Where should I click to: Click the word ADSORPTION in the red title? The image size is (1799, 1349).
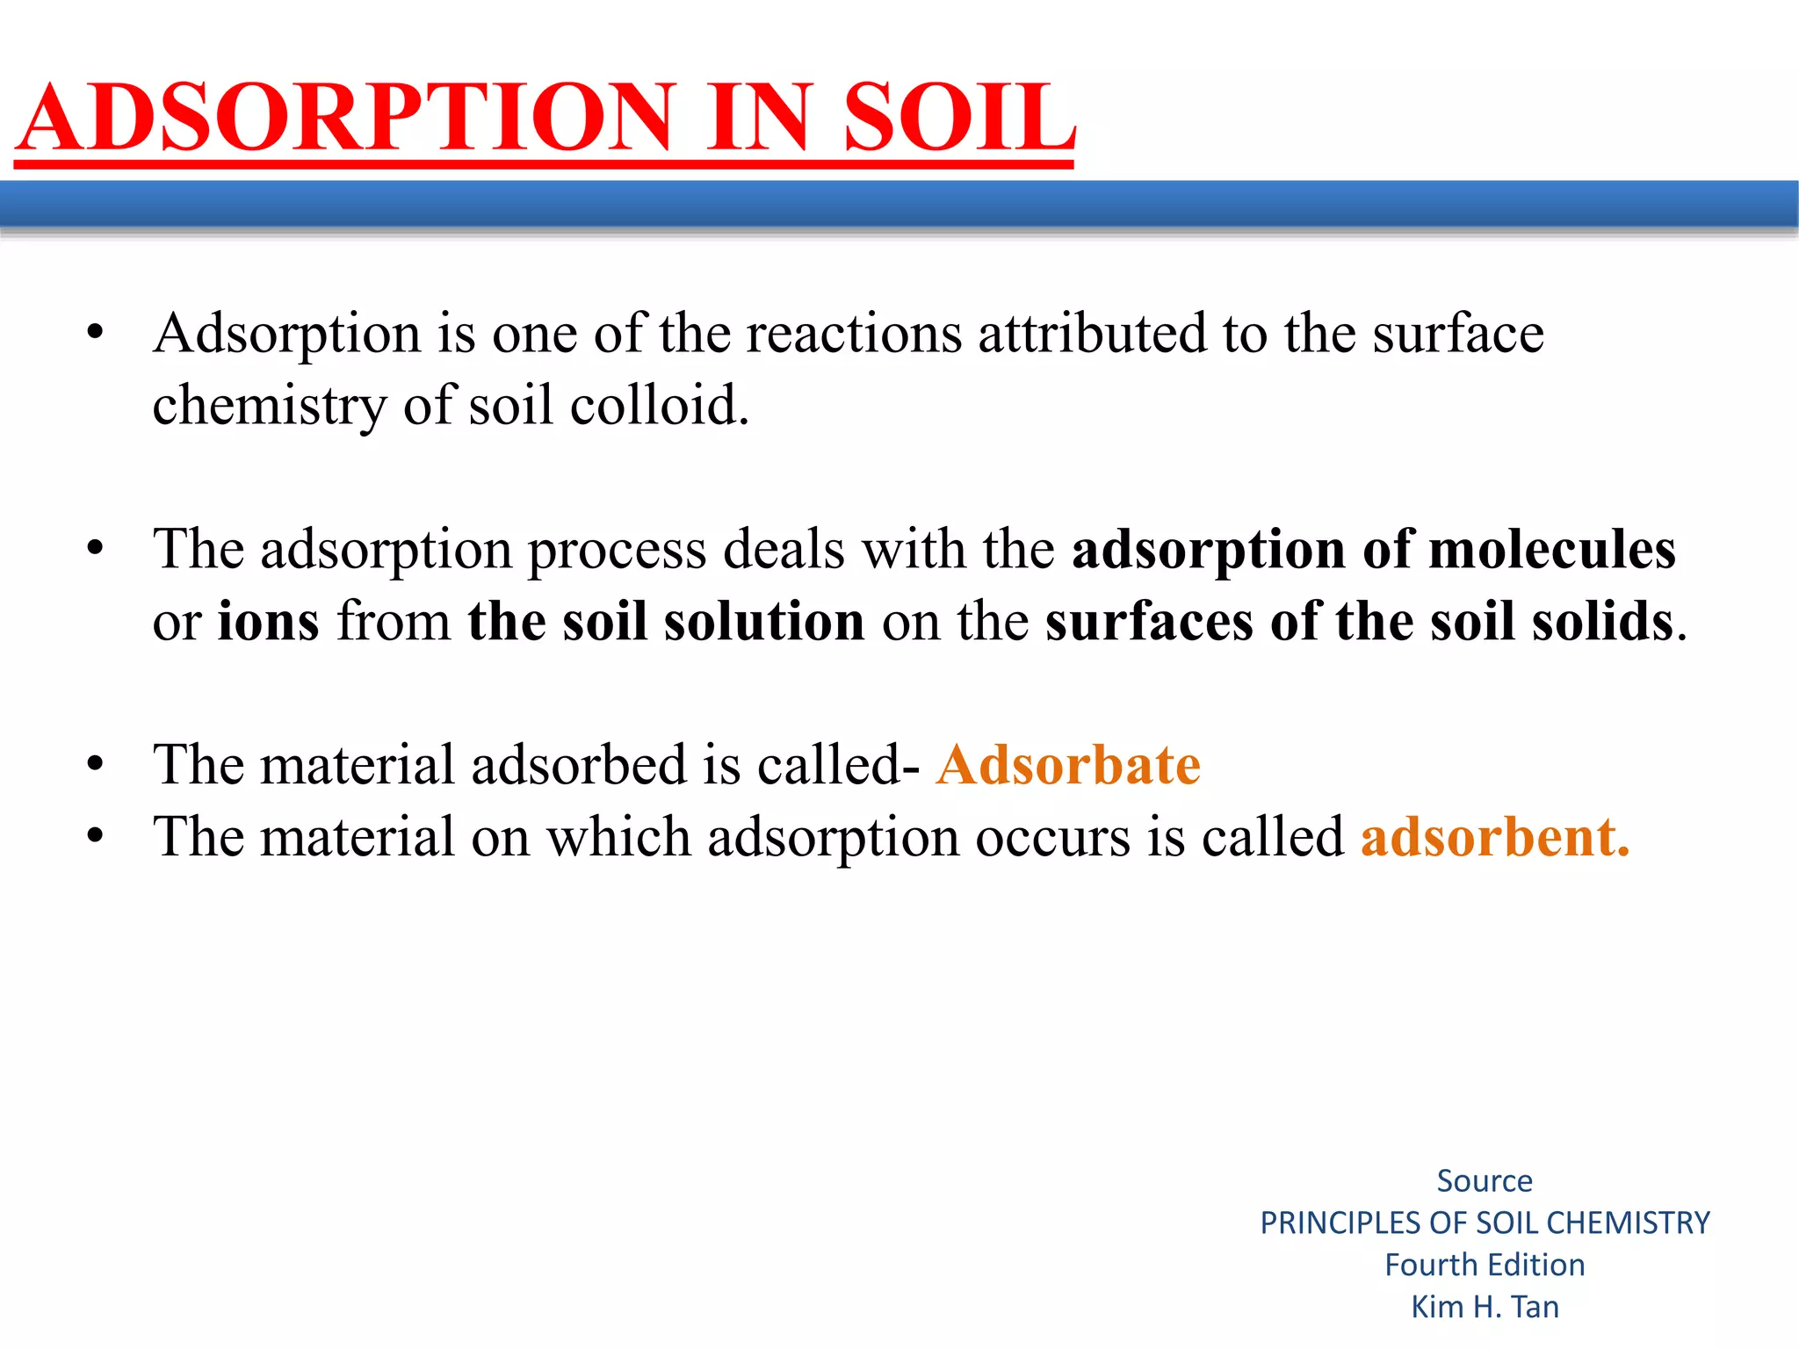pyautogui.click(x=347, y=118)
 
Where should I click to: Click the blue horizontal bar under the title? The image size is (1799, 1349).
pyautogui.click(x=899, y=205)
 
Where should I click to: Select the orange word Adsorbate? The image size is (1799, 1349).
pyautogui.click(x=1068, y=764)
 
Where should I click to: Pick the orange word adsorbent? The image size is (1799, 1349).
pyautogui.click(x=1493, y=837)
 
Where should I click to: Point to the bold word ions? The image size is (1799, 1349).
pyautogui.click(x=268, y=622)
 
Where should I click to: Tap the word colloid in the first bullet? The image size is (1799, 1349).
pyautogui.click(x=659, y=406)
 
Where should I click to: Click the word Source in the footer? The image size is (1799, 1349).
pyautogui.click(x=1484, y=1181)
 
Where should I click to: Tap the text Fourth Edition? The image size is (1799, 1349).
pyautogui.click(x=1485, y=1265)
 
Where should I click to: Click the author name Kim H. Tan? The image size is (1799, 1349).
pyautogui.click(x=1485, y=1307)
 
